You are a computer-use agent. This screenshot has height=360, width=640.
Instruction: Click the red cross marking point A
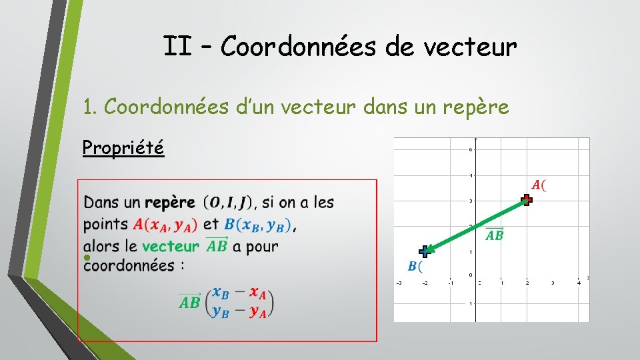coord(527,199)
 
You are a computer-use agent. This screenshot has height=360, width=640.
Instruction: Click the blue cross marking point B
coord(425,251)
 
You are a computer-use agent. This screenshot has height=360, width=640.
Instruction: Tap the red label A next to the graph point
coord(538,185)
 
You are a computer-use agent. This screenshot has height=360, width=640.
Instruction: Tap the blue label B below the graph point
coord(415,267)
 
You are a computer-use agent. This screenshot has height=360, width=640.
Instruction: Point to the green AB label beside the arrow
coord(494,234)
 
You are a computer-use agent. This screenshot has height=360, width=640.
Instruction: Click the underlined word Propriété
coord(123,147)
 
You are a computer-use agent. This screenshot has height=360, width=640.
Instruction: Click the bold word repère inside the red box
coord(170,202)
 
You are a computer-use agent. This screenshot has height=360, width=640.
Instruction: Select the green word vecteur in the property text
coord(170,246)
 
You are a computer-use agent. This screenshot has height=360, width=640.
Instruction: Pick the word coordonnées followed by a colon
coord(125,265)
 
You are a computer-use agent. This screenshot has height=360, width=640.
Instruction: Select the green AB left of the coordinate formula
coord(189,301)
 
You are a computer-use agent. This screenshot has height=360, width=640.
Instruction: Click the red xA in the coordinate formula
coord(258,293)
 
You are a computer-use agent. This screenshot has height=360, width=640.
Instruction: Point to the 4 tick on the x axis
coord(578,283)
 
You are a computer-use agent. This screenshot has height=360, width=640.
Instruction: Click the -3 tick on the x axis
coord(399,283)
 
